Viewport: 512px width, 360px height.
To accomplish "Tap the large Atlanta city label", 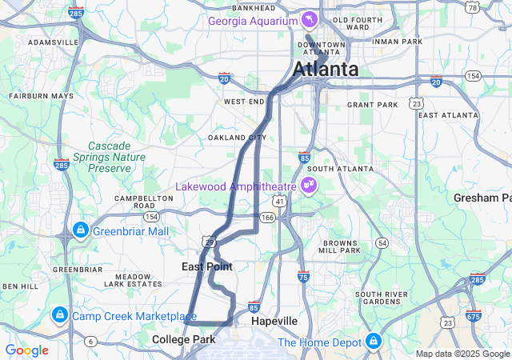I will click(x=326, y=70).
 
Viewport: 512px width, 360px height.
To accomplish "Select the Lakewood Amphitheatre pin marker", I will click(x=308, y=186).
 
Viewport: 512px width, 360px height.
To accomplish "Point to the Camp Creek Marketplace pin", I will click(x=59, y=315).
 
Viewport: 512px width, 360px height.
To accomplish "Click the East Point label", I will click(x=206, y=266).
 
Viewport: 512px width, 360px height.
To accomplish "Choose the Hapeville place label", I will click(x=274, y=321).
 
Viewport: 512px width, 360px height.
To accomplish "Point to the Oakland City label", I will click(x=237, y=138).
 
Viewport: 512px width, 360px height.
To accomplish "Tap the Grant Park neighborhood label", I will click(x=372, y=105).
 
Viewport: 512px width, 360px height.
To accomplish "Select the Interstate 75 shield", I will click(x=302, y=277).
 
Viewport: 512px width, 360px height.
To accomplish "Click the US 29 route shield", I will click(x=208, y=241).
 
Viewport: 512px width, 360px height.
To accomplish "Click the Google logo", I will click(x=26, y=350).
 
